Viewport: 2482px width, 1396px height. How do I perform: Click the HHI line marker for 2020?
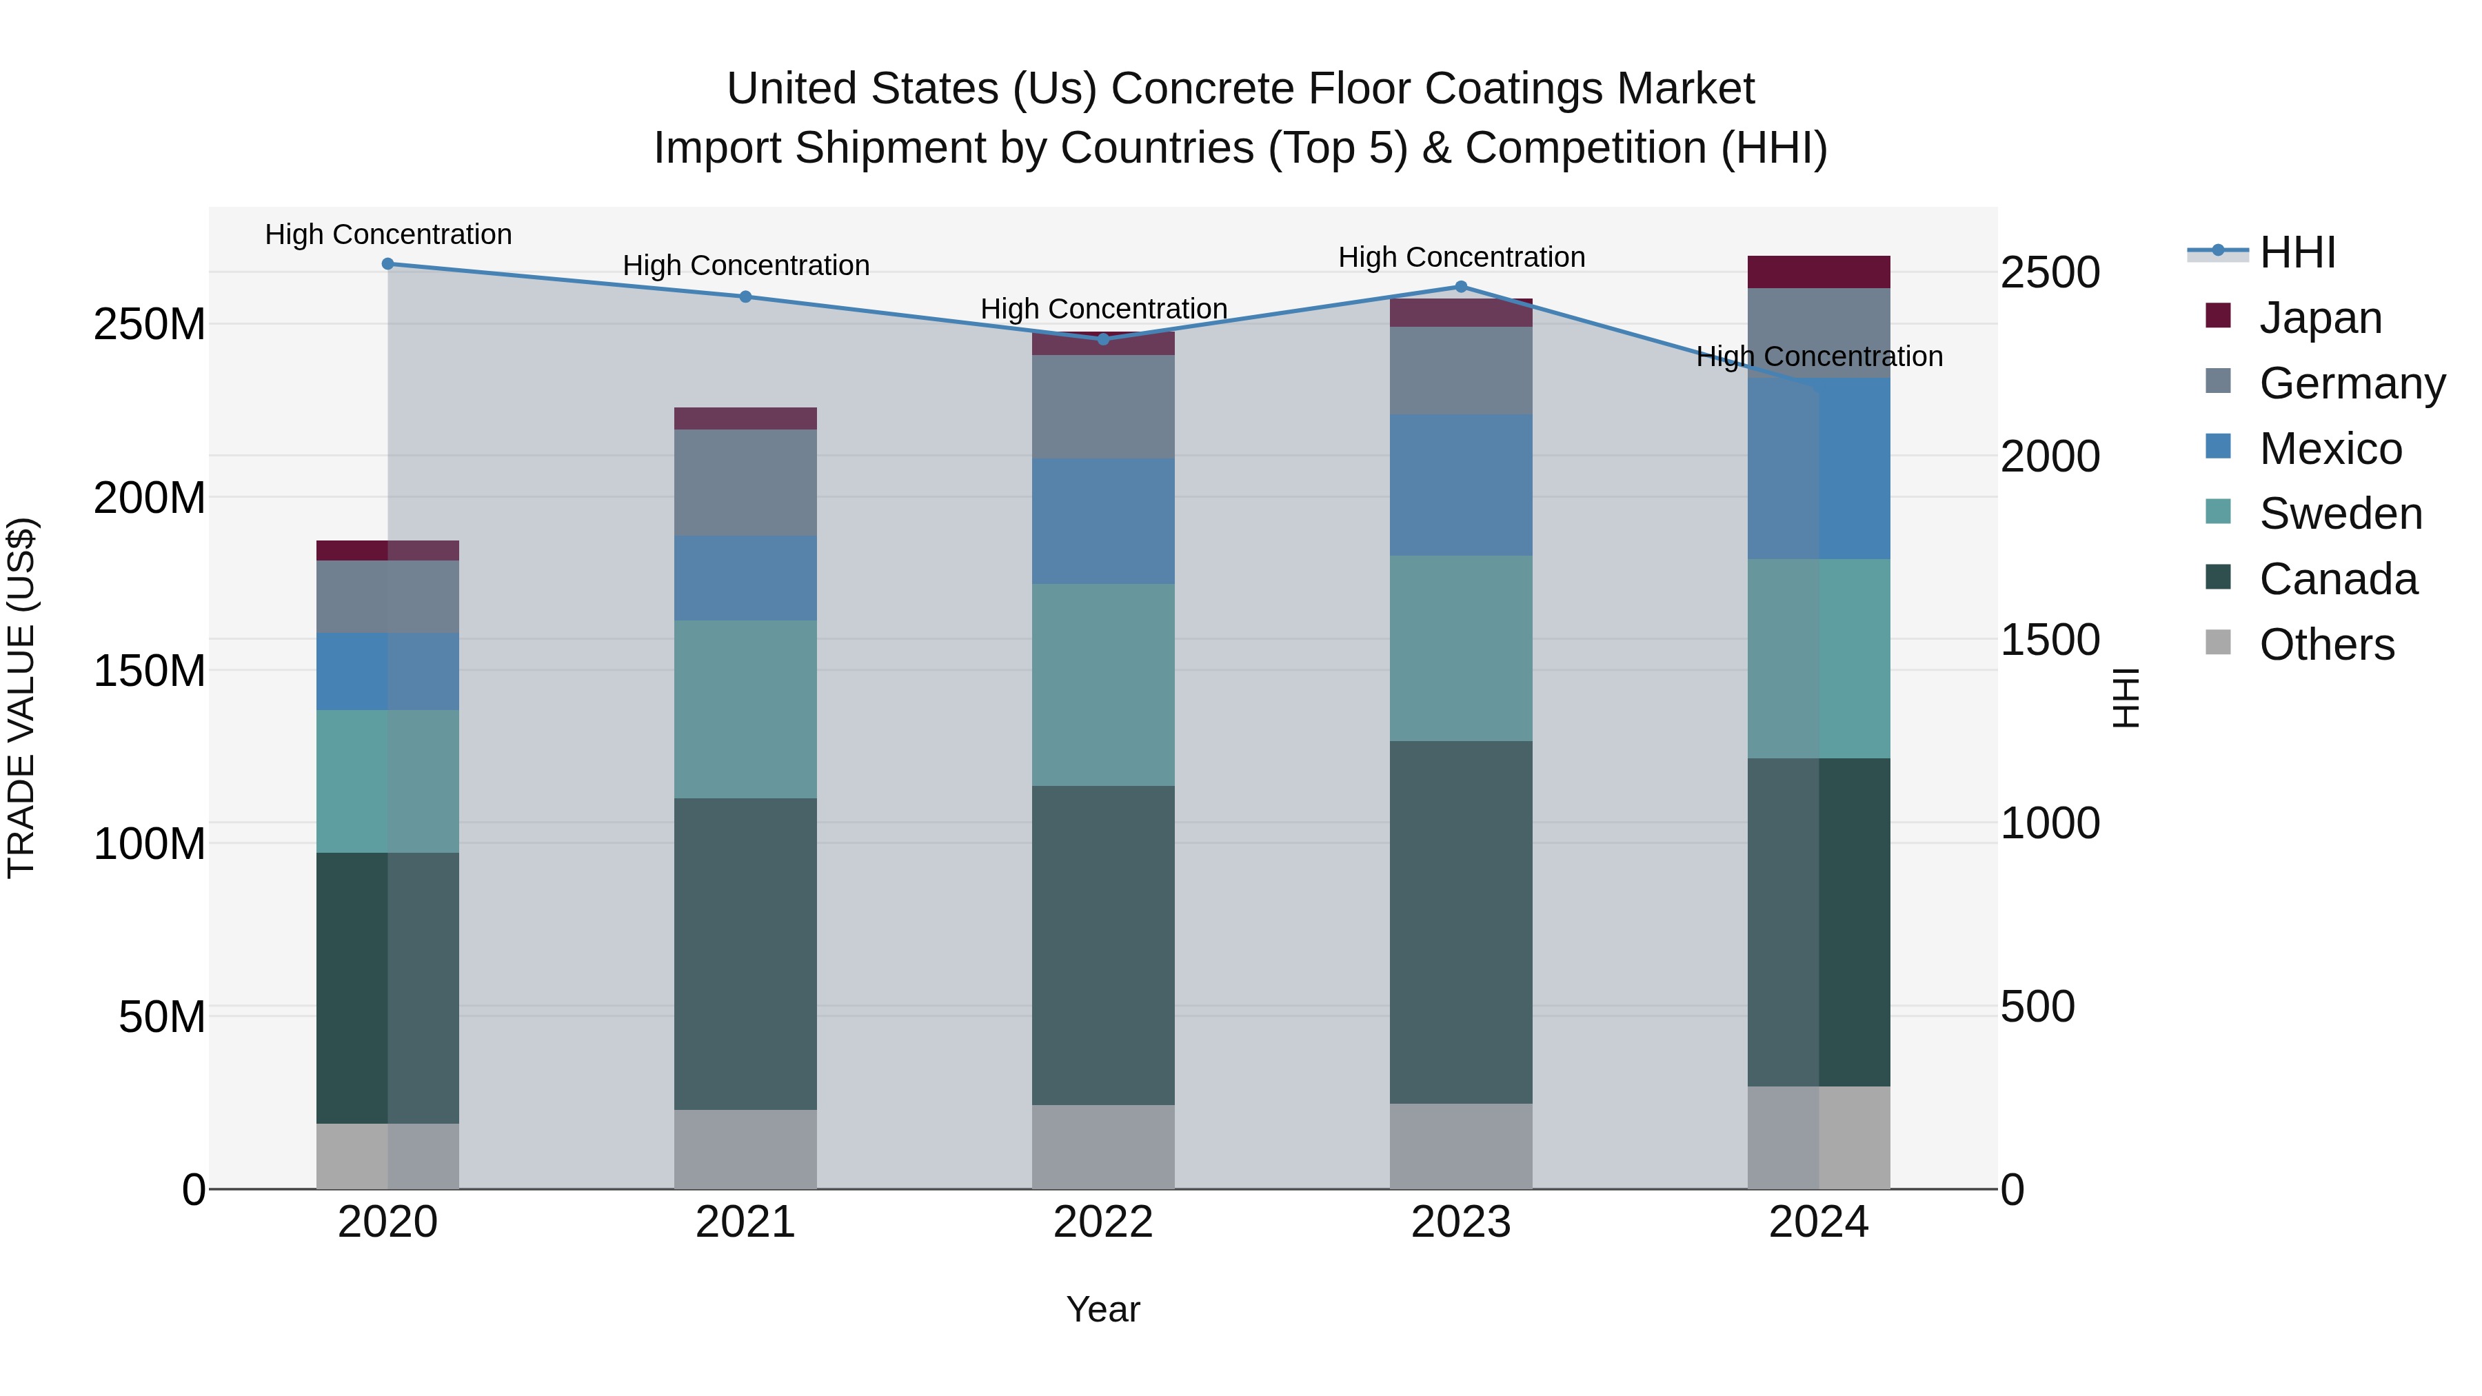click(x=387, y=264)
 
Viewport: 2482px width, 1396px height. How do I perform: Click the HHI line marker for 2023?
click(x=1461, y=287)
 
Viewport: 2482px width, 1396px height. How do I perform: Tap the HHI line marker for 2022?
click(x=1103, y=339)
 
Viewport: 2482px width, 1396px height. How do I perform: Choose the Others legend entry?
click(x=2326, y=645)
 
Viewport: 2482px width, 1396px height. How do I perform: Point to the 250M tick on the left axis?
click(x=150, y=325)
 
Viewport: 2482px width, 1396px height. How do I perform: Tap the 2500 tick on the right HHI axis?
click(x=2050, y=272)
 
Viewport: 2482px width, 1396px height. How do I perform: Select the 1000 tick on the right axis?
click(x=2050, y=824)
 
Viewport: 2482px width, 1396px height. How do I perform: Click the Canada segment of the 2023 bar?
click(x=1461, y=922)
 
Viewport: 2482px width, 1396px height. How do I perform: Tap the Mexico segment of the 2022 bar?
click(x=1103, y=521)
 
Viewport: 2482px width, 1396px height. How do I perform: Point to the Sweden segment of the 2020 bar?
click(x=387, y=781)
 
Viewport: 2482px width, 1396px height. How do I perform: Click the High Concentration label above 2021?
click(x=746, y=266)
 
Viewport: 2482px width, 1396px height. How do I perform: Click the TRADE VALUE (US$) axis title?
click(x=21, y=698)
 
